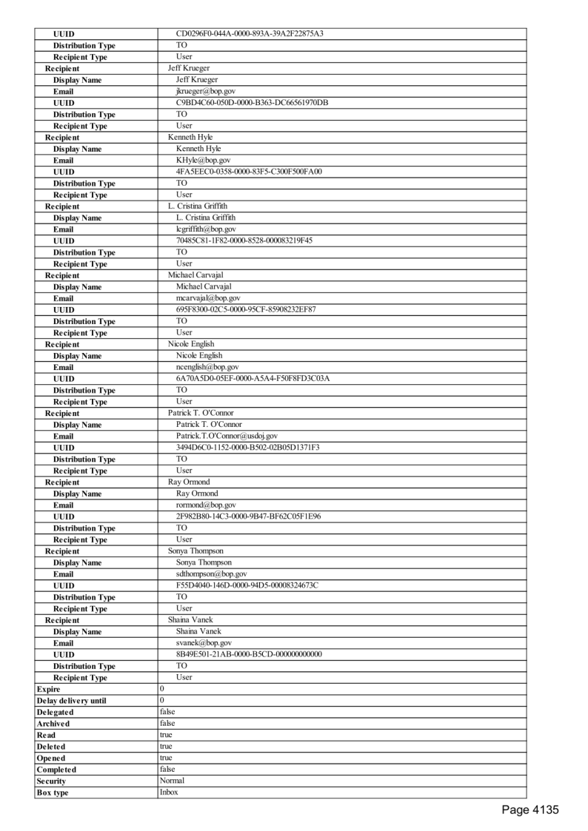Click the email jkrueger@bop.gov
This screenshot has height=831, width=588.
[x=206, y=91]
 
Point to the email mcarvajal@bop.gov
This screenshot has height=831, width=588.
[x=207, y=298]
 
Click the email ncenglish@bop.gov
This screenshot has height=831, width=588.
[x=207, y=367]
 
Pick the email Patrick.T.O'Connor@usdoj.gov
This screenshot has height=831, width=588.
[x=227, y=436]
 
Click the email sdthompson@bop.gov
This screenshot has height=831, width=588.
[x=211, y=573]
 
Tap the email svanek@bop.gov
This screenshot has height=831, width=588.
[x=204, y=643]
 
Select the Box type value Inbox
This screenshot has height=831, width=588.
[x=169, y=792]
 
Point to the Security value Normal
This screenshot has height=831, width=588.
[x=172, y=781]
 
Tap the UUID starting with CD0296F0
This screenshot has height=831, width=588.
[x=250, y=33]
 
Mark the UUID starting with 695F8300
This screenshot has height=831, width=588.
[x=246, y=309]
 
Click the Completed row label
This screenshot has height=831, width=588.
[x=56, y=770]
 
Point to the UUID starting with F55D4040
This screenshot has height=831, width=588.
[x=247, y=585]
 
